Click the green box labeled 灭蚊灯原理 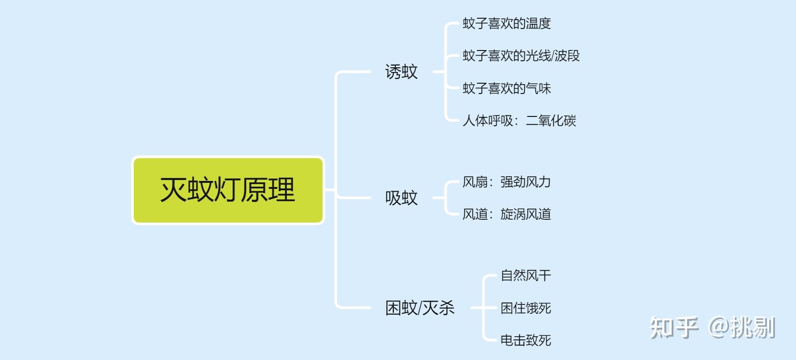click(228, 190)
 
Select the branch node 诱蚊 click(401, 72)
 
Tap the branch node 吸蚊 click(401, 198)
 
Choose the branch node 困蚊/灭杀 click(420, 308)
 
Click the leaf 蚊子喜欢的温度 click(507, 23)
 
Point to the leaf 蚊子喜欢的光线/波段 click(521, 56)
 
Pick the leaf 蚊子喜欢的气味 click(507, 88)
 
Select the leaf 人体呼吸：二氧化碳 click(519, 121)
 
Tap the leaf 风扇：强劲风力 click(507, 182)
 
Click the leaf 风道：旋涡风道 click(507, 214)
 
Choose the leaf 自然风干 click(526, 275)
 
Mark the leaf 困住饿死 click(526, 308)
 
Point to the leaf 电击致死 click(526, 340)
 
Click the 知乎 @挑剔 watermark click(712, 327)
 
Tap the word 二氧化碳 click(551, 121)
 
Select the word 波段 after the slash click(567, 56)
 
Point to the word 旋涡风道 click(526, 214)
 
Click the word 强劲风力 click(526, 182)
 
